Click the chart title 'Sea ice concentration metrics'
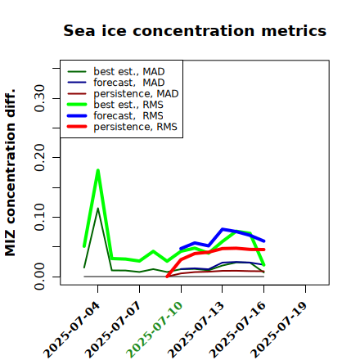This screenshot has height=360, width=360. coord(195,30)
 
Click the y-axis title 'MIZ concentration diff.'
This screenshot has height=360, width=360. coord(10,173)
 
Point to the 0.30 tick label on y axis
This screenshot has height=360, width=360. coord(40,98)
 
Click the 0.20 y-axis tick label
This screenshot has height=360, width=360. coord(40,158)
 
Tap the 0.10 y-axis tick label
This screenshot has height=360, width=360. coord(40,217)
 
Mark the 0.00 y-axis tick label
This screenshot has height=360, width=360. coord(40,277)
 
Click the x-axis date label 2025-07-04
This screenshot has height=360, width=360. coord(72,330)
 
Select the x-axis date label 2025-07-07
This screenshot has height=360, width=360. coord(114,330)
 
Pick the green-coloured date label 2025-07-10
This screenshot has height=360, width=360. coord(155,330)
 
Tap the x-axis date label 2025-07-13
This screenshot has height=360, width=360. coord(196,330)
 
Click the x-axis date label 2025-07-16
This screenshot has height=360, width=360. coord(238,330)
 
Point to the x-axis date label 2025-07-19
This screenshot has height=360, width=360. coord(280,330)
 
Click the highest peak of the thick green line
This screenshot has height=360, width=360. coord(98,170)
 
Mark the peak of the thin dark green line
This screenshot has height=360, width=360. coord(98,209)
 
